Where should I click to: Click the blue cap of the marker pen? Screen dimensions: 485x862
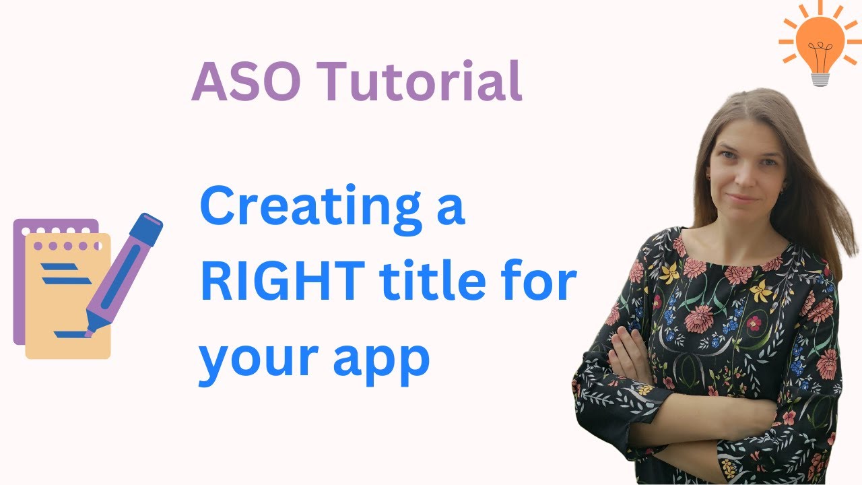pos(145,229)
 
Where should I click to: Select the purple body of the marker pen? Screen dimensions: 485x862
pos(114,283)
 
